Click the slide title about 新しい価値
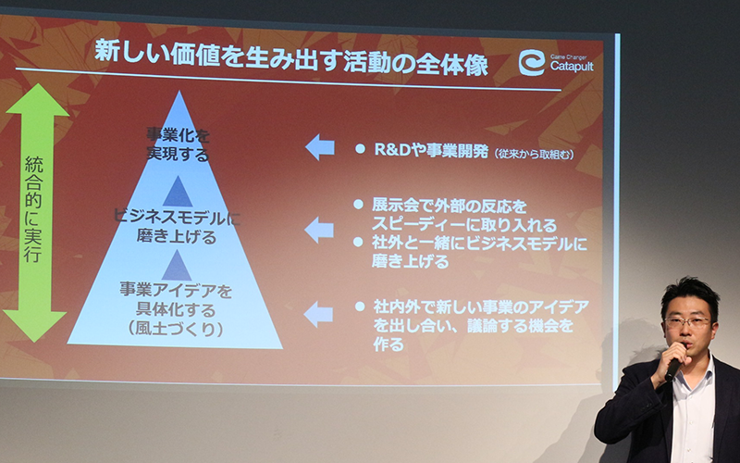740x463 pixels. click(x=291, y=58)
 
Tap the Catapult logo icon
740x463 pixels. click(x=532, y=63)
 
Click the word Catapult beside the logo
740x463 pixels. click(x=572, y=67)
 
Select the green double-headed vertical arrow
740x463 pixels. click(x=35, y=213)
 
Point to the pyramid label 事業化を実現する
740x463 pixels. click(x=178, y=144)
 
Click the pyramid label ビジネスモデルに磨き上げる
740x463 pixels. click(x=177, y=227)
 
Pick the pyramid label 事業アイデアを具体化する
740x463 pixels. click(x=176, y=299)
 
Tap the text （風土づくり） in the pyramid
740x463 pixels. click(x=176, y=329)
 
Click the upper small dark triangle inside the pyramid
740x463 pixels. click(x=178, y=192)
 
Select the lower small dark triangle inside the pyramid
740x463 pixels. click(x=177, y=266)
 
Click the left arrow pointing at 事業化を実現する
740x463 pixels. click(x=320, y=147)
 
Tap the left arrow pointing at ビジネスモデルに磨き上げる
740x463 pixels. click(x=319, y=230)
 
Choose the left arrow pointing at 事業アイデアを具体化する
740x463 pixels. click(x=318, y=314)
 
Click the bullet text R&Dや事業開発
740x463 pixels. click(x=431, y=150)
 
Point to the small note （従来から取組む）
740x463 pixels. click(x=534, y=154)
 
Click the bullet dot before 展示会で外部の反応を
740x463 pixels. click(x=359, y=205)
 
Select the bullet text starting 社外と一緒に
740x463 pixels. click(x=479, y=252)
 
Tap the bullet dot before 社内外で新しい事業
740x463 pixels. click(x=360, y=307)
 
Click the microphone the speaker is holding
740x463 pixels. click(x=673, y=368)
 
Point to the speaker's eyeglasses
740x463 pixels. click(x=687, y=322)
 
